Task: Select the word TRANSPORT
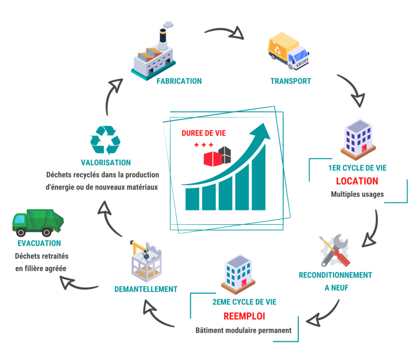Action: click(x=291, y=81)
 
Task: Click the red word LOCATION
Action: click(x=357, y=181)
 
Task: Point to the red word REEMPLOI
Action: click(x=244, y=316)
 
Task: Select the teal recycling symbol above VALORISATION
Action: click(x=105, y=140)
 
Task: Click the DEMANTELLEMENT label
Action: click(x=146, y=289)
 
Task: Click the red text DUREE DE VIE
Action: click(x=204, y=133)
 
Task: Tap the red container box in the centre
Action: click(x=212, y=158)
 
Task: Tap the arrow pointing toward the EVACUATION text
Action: click(x=79, y=285)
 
